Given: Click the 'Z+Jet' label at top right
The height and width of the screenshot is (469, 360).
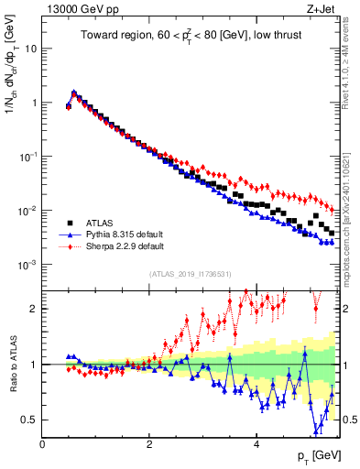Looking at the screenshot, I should [325, 8].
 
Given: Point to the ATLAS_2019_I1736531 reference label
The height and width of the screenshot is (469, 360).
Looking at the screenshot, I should [191, 275].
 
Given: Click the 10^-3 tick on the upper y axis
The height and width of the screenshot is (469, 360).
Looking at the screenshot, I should [27, 265].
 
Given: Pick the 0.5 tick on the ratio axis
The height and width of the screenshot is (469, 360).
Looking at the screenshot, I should [28, 420].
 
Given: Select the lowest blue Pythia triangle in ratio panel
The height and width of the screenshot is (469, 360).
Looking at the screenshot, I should [316, 431].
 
